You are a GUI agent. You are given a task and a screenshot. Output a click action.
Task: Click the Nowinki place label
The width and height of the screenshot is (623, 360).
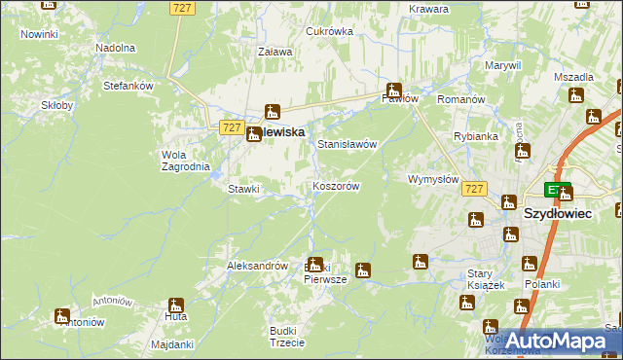(x=39, y=34)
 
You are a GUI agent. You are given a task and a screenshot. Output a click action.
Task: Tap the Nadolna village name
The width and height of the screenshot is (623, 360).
(x=115, y=47)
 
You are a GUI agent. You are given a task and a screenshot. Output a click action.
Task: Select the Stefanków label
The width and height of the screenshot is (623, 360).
(x=128, y=86)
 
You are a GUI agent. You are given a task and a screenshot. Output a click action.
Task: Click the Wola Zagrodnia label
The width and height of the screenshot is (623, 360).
(x=184, y=160)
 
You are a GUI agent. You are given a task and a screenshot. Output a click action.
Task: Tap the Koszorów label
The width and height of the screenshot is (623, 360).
(x=337, y=186)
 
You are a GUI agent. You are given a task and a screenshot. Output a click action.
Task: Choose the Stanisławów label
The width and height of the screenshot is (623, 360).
(x=347, y=144)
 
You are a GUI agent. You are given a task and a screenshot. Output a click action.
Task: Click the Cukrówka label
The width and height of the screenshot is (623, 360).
(x=329, y=31)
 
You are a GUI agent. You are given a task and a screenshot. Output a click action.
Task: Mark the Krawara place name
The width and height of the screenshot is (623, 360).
(x=428, y=9)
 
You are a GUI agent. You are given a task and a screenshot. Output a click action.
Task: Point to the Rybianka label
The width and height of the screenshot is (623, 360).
(x=476, y=136)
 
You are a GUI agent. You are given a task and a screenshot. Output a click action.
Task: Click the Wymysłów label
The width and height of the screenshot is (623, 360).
(x=433, y=180)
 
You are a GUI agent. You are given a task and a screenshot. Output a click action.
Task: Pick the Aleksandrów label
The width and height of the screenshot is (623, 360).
(x=257, y=266)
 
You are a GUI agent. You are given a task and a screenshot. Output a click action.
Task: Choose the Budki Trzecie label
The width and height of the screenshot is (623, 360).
(x=287, y=337)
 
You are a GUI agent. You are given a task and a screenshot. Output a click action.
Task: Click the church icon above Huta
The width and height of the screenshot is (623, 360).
(x=176, y=305)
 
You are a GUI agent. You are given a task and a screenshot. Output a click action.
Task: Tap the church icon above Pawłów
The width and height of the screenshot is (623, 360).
(x=394, y=90)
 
